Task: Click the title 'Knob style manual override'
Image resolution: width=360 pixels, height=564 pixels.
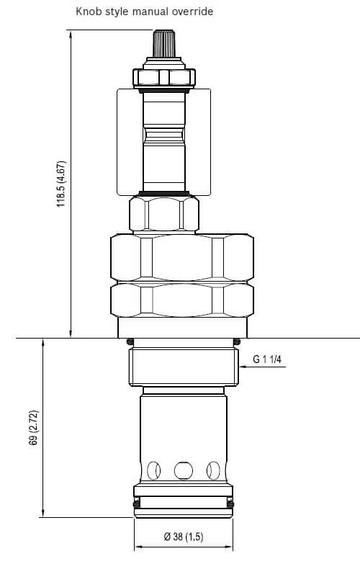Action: pyautogui.click(x=145, y=12)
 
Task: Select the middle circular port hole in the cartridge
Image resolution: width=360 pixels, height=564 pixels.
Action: pyautogui.click(x=183, y=470)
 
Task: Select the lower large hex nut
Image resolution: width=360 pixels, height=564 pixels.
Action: pyautogui.click(x=181, y=300)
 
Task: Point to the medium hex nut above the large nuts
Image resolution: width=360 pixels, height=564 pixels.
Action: pyautogui.click(x=163, y=214)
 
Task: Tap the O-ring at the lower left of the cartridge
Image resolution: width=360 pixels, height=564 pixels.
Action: pyautogui.click(x=135, y=506)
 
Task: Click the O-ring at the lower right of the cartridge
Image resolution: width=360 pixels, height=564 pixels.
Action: pyautogui.click(x=230, y=506)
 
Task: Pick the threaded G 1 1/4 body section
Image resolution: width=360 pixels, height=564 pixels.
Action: pyautogui.click(x=183, y=367)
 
